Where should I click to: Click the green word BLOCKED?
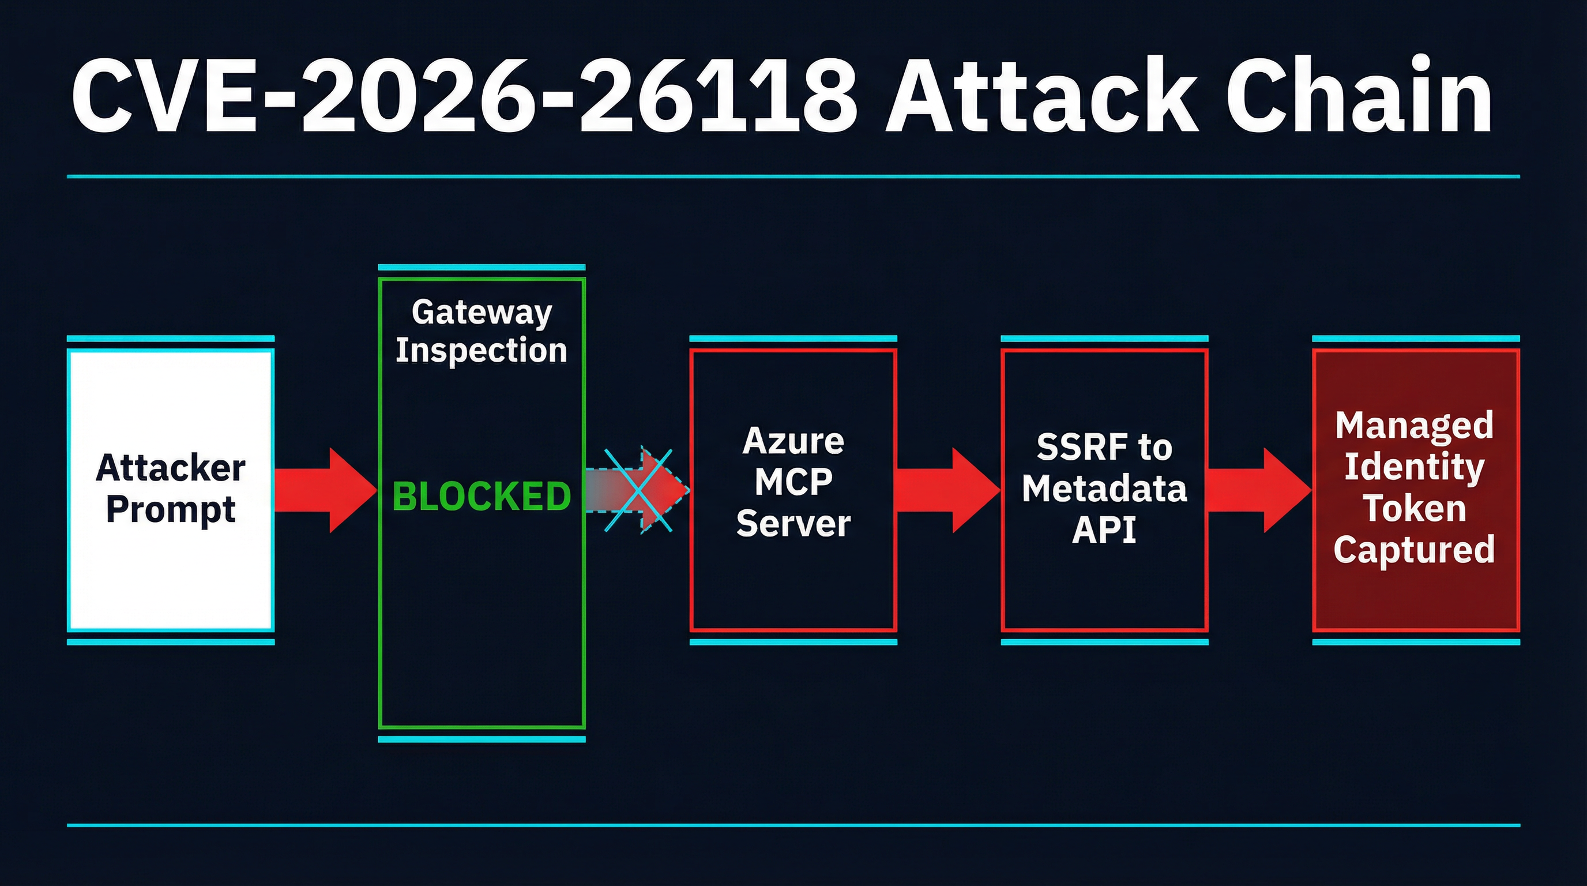click(x=481, y=496)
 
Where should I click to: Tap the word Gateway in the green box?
click(x=481, y=313)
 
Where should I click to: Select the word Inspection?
click(x=481, y=350)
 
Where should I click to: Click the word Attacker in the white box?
click(x=171, y=468)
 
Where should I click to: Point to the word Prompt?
click(x=171, y=509)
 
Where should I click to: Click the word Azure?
click(x=793, y=441)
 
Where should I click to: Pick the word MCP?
click(x=793, y=482)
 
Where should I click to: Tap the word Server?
click(x=793, y=524)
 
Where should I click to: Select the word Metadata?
click(x=1104, y=489)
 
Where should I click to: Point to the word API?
click(x=1104, y=530)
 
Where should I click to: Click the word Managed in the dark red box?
click(x=1415, y=425)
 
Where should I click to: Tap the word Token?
click(x=1415, y=508)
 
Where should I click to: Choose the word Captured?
click(x=1415, y=550)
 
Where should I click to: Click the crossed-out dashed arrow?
click(x=638, y=490)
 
